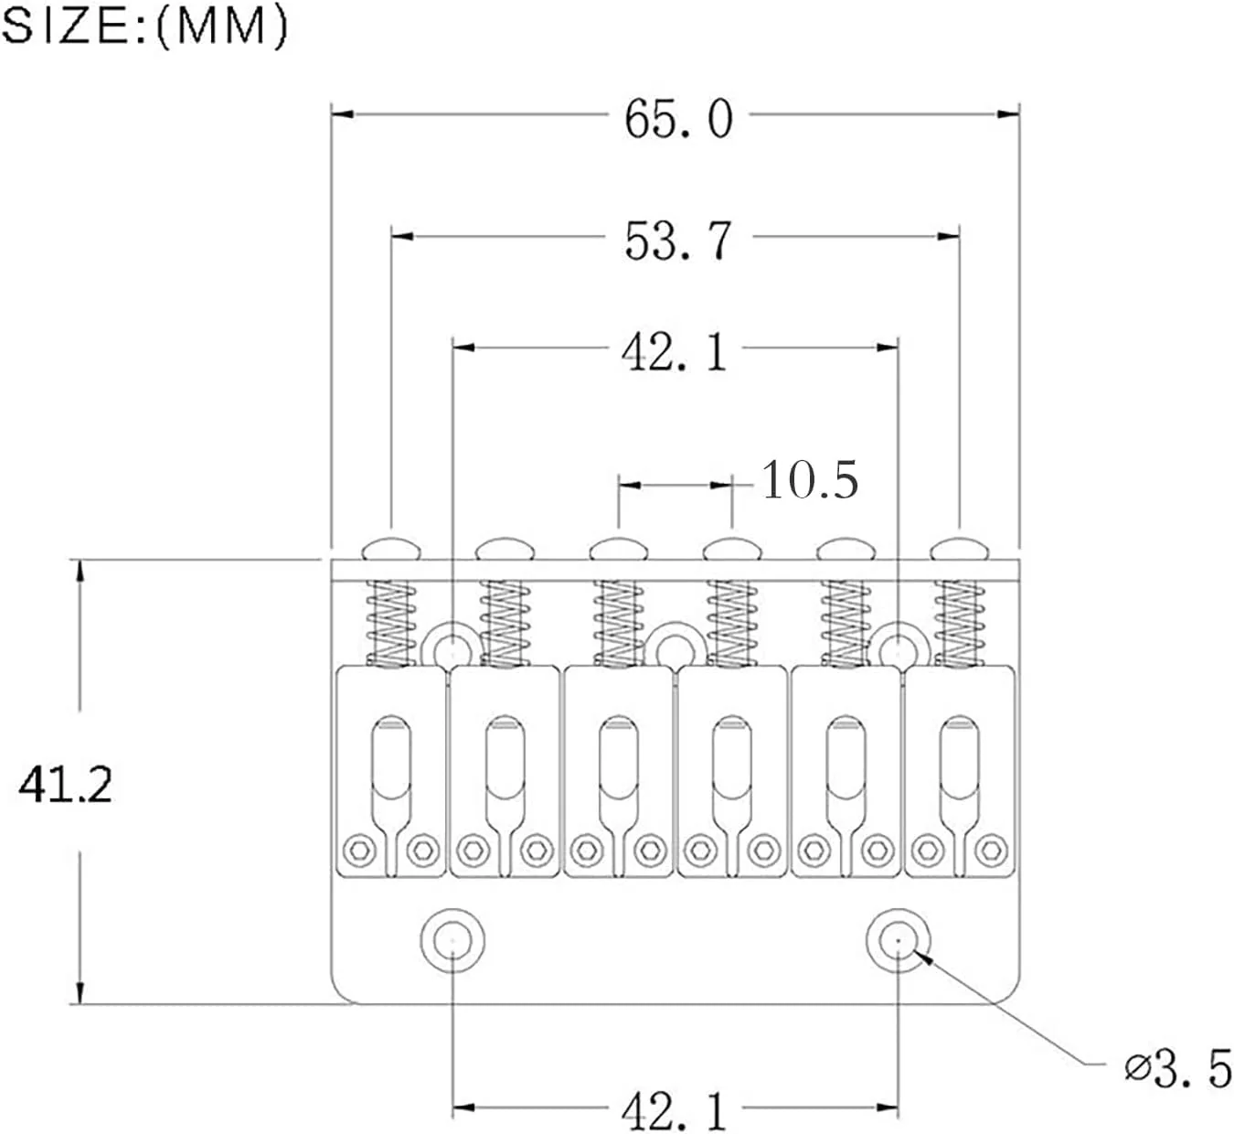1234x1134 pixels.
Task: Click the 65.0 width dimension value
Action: point(678,120)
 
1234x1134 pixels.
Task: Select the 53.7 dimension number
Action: point(678,241)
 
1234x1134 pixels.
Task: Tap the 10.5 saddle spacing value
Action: point(810,479)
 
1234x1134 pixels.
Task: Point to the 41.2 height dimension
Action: point(66,785)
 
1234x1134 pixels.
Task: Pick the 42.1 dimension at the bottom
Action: point(675,1110)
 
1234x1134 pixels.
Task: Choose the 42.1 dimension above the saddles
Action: point(675,352)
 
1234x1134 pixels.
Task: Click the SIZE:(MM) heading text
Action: point(144,27)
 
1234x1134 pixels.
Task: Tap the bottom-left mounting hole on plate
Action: point(452,941)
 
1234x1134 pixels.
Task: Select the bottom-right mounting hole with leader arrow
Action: point(899,941)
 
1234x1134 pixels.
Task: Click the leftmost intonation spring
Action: point(391,623)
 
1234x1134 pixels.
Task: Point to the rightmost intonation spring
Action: point(959,623)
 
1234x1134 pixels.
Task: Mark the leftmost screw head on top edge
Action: point(391,549)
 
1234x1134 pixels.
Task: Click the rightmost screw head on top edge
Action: point(959,549)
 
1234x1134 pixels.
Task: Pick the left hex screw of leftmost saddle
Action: point(359,850)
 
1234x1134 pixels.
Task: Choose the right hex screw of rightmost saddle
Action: point(991,850)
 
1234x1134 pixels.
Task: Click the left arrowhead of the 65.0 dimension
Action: point(342,114)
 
